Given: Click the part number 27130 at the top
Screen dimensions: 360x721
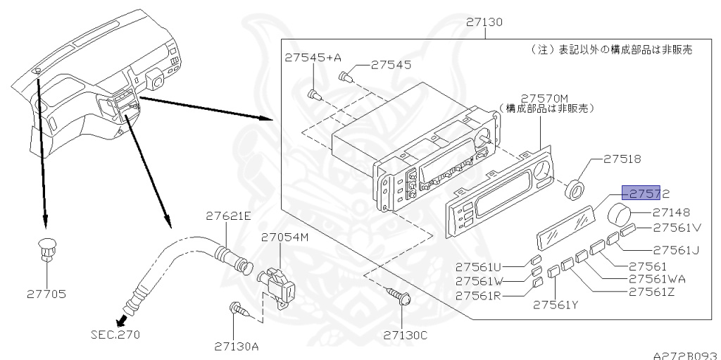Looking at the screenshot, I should click(484, 22).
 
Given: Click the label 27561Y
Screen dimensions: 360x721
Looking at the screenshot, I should click(555, 305).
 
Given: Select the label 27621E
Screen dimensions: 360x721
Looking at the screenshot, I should click(228, 216).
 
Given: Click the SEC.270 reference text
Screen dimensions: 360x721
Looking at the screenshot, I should click(115, 334).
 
